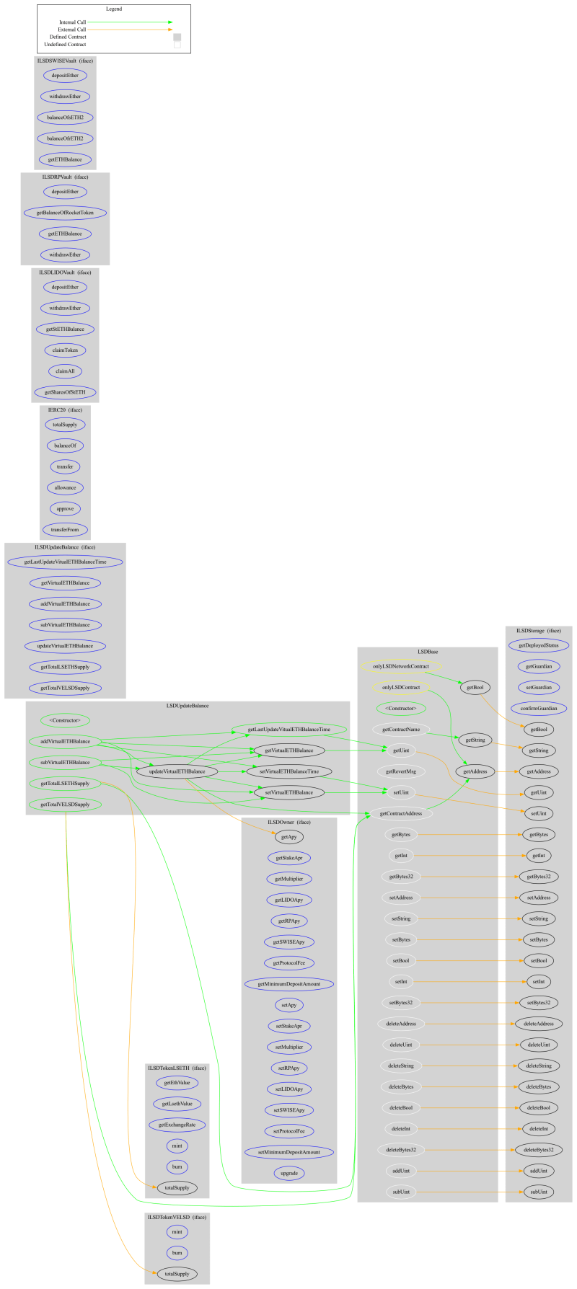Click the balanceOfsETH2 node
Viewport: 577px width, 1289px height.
click(x=65, y=117)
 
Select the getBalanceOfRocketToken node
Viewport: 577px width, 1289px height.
click(x=65, y=213)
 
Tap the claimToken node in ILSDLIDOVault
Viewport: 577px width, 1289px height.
click(x=65, y=350)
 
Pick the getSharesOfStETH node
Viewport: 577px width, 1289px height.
click(x=65, y=392)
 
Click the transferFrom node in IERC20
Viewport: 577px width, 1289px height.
click(x=65, y=530)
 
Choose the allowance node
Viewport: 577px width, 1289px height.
click(x=65, y=488)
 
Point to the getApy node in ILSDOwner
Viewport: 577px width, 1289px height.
click(x=288, y=837)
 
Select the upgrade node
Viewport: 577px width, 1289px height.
click(x=288, y=1174)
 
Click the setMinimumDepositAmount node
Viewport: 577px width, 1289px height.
click(x=288, y=1153)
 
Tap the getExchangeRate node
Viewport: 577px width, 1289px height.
click(x=177, y=1125)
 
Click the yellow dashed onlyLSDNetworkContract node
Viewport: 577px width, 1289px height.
click(x=402, y=667)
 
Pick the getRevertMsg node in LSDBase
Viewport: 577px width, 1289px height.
click(x=402, y=771)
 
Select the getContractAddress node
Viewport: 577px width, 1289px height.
click(x=401, y=814)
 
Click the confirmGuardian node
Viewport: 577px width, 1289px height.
click(x=539, y=709)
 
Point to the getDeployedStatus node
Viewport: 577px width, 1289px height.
click(x=539, y=645)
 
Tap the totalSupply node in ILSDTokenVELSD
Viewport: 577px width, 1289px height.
click(x=177, y=1274)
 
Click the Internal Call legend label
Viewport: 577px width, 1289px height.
click(x=73, y=22)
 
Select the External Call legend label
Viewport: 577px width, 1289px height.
click(x=73, y=30)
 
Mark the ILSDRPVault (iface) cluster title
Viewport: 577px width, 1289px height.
click(x=65, y=177)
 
